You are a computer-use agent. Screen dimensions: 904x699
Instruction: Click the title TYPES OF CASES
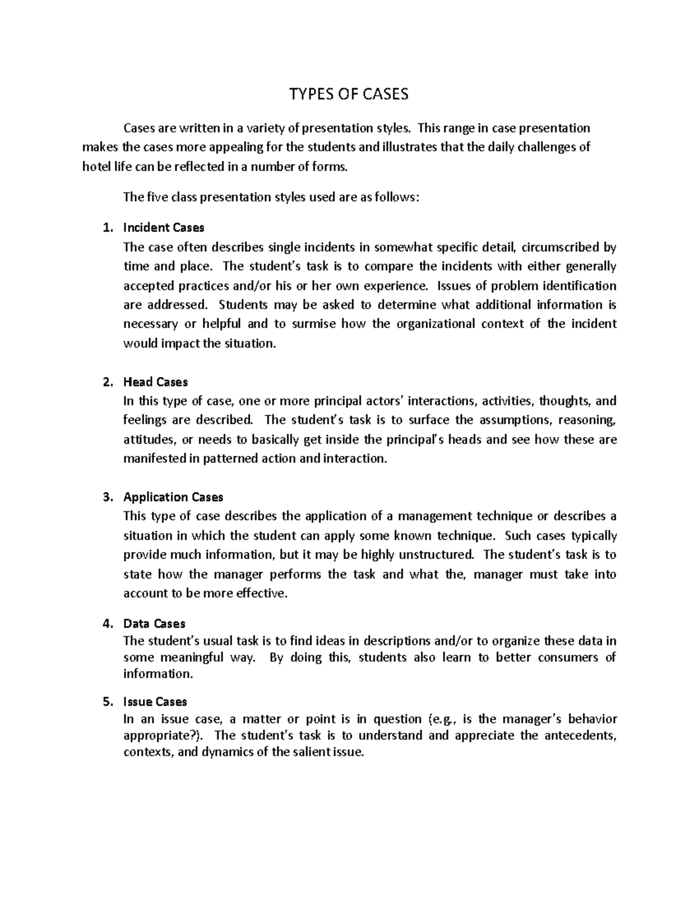pos(349,94)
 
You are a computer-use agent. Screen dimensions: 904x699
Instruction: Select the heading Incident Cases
pos(164,227)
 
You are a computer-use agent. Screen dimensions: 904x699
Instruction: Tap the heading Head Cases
pos(156,382)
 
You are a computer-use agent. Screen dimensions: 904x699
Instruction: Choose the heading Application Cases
pos(173,497)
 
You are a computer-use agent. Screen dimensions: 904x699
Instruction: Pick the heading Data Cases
pos(154,623)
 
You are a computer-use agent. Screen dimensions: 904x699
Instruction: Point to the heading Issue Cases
pos(155,701)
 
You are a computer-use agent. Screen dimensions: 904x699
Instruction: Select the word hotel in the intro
pos(95,167)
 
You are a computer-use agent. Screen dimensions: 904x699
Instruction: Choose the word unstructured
pos(436,554)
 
